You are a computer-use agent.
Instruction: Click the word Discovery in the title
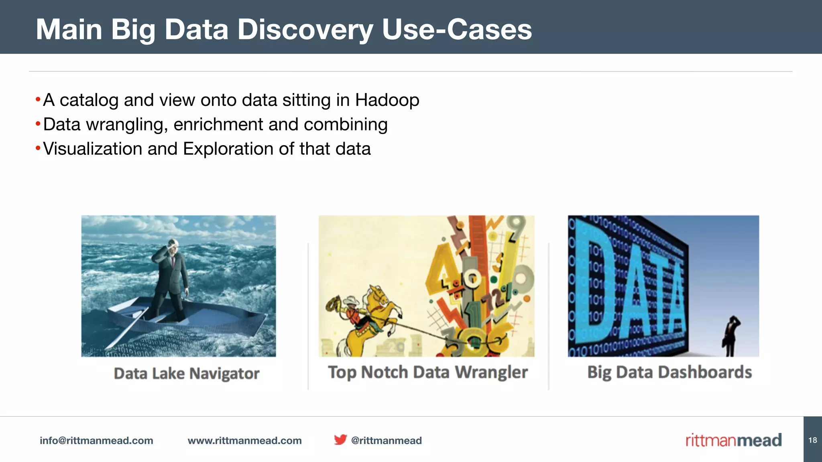point(305,30)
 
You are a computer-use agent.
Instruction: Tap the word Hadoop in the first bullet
point(387,100)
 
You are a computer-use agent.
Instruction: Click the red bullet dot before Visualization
point(38,148)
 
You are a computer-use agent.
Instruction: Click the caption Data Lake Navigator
point(187,373)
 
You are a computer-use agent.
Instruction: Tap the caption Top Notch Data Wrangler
point(427,372)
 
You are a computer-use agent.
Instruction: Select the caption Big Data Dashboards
point(669,372)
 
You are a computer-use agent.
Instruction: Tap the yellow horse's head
point(379,293)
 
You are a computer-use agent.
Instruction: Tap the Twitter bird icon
point(340,440)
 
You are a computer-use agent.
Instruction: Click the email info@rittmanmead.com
point(96,440)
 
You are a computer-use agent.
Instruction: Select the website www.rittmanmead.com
point(244,440)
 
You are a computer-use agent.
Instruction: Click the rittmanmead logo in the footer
point(733,440)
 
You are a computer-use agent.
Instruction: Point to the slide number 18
point(812,440)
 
